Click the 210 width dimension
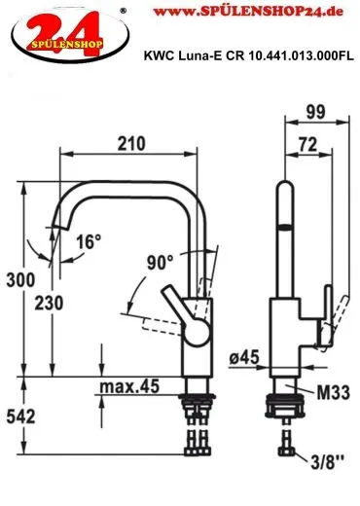tap(131, 143)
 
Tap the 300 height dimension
tap(20, 279)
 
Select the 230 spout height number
tap(49, 304)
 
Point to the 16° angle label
tap(89, 241)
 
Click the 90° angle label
tap(160, 263)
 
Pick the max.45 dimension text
tap(129, 386)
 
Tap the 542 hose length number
tap(20, 416)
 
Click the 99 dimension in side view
tap(315, 112)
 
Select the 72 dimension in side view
tap(308, 144)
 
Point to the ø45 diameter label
tap(244, 357)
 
